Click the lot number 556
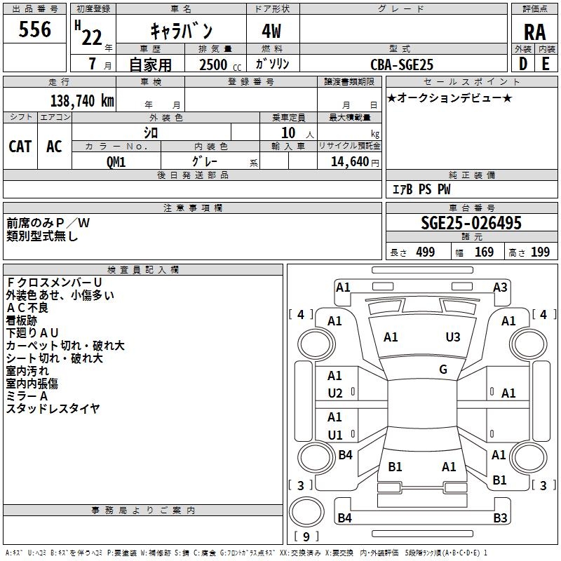(x=34, y=29)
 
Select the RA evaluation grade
(x=534, y=32)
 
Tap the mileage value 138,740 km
(x=82, y=101)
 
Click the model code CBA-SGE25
(x=401, y=65)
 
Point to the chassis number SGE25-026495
(x=471, y=223)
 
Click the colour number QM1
(x=116, y=162)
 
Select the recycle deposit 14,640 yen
(x=355, y=162)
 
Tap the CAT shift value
(x=20, y=147)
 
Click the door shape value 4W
(x=271, y=31)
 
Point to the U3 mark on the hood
(x=452, y=337)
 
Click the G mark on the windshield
(x=443, y=370)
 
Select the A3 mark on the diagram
(x=500, y=288)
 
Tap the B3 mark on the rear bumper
(x=500, y=518)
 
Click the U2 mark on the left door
(x=335, y=393)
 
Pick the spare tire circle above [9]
(x=306, y=512)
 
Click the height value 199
(x=540, y=252)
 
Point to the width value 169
(x=484, y=252)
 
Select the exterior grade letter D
(x=522, y=64)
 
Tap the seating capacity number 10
(x=288, y=133)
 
